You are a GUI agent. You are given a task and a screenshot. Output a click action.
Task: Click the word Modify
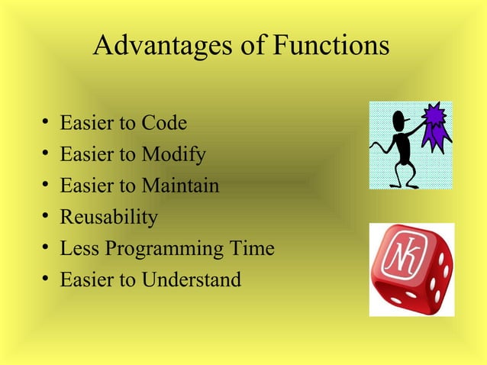[173, 155]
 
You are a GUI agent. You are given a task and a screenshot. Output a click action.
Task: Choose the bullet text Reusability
[109, 218]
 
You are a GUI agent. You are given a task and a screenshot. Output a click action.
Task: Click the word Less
[79, 249]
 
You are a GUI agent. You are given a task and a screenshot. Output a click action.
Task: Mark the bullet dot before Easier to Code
[47, 124]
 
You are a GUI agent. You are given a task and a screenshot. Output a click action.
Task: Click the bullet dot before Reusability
[47, 218]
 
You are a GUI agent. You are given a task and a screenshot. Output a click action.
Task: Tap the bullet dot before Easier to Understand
[47, 280]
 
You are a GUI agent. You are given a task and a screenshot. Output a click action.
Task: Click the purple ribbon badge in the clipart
[436, 126]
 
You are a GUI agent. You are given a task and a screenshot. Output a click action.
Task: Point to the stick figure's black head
[400, 121]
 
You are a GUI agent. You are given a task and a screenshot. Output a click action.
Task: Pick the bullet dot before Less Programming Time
[47, 249]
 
